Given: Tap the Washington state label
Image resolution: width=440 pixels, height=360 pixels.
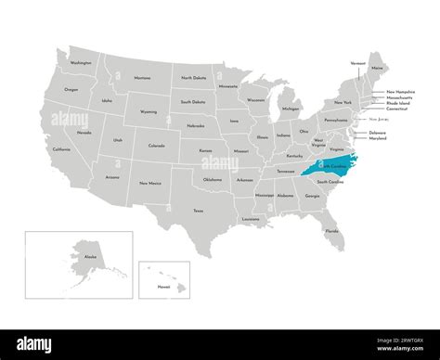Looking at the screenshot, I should pos(81,63).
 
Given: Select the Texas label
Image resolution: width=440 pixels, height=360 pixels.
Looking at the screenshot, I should pos(198,211).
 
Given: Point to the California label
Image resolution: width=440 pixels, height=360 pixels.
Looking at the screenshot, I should pos(61,149).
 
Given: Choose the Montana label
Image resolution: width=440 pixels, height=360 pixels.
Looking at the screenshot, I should pos(142,78).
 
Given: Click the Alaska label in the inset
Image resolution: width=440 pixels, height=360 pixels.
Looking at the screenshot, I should pos(65,254).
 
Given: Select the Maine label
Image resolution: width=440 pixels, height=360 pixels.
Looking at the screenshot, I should pos(375,69).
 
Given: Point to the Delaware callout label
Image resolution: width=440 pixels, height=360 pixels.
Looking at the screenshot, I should pos(378,132).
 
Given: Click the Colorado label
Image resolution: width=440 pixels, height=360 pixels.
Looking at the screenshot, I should pos(156,145).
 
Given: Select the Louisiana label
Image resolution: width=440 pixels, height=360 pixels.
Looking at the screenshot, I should pos(251,219).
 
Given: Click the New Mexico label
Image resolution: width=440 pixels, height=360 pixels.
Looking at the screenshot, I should pos(149,184).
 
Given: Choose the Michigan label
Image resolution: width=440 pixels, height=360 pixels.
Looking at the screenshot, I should pos(291,109).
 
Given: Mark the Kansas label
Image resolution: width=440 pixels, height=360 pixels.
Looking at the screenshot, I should pos(205,149).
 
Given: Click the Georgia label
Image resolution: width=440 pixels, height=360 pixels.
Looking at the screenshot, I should pos(312,196).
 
